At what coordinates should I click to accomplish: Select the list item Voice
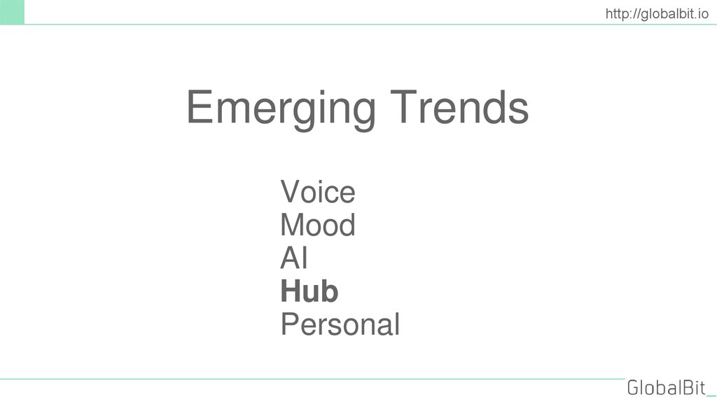[x=317, y=192]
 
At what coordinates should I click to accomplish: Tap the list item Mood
[x=317, y=226]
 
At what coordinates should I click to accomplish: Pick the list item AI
[x=294, y=259]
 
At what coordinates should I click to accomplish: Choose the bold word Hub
[x=309, y=291]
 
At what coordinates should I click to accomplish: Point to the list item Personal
[x=340, y=325]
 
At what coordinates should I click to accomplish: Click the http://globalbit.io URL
[x=656, y=12]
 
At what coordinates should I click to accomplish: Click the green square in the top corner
[x=12, y=12]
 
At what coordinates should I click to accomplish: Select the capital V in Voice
[x=290, y=192]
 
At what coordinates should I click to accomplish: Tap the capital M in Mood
[x=293, y=226]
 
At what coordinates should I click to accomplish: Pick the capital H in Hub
[x=290, y=291]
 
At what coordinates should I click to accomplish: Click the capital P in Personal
[x=290, y=325]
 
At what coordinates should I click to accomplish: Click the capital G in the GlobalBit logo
[x=634, y=387]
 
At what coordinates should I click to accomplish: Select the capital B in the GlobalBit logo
[x=687, y=387]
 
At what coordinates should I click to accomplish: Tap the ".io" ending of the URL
[x=702, y=12]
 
